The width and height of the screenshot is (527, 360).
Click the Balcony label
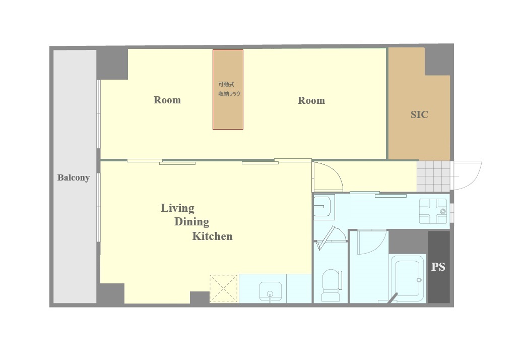tap(73, 177)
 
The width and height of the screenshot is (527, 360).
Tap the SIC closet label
tap(419, 114)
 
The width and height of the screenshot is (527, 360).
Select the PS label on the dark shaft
tap(438, 267)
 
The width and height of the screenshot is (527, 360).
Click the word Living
tap(177, 208)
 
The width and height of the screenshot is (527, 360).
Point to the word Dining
tap(191, 222)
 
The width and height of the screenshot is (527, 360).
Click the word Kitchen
tap(212, 236)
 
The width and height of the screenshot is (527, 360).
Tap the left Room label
tap(167, 100)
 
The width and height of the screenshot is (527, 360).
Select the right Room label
tap(311, 100)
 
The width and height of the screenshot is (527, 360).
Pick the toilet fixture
tap(331, 285)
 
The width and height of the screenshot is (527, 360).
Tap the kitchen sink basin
tap(270, 291)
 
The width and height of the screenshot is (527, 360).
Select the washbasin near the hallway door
tap(323, 207)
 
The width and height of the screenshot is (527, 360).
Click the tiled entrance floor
tap(434, 176)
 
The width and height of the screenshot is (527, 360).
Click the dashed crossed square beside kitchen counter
tap(224, 288)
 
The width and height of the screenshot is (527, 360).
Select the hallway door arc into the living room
tap(335, 171)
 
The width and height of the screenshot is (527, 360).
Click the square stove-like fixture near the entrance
tap(433, 211)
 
